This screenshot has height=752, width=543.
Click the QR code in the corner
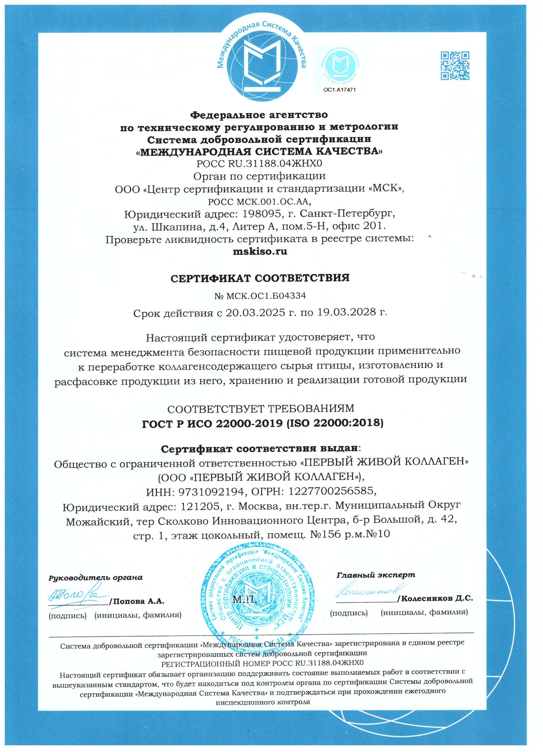click(x=455, y=66)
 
